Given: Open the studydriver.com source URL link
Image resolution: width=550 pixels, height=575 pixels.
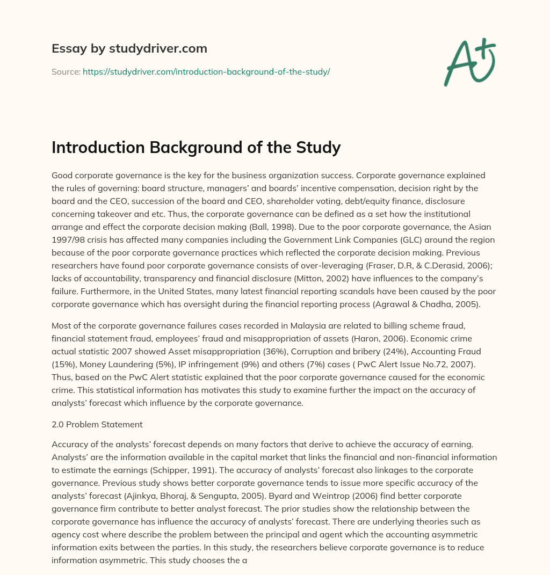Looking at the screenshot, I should click(x=206, y=71).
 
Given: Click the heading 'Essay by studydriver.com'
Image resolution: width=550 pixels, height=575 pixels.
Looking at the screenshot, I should click(x=129, y=48).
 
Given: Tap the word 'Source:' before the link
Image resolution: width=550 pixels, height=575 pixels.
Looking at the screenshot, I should click(x=66, y=71).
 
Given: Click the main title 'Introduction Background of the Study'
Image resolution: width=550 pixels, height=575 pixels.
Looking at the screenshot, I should click(x=196, y=147).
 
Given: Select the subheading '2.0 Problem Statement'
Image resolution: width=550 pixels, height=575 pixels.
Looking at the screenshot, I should click(x=97, y=424).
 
